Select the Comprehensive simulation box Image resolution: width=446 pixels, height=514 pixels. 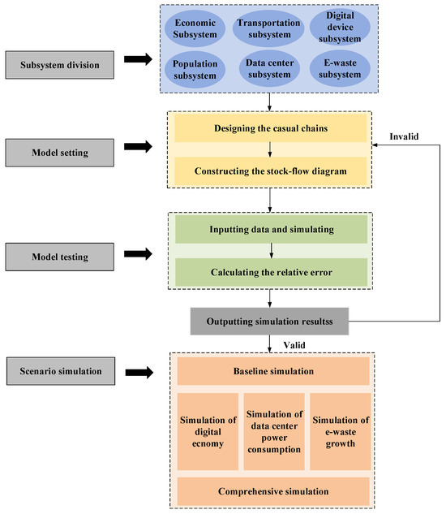coord(273,490)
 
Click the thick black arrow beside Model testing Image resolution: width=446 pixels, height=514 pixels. coord(133,256)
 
